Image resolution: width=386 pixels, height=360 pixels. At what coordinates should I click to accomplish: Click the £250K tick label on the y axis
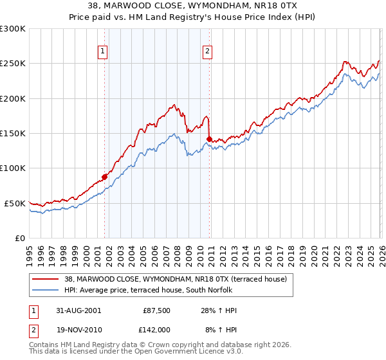[x=13, y=64]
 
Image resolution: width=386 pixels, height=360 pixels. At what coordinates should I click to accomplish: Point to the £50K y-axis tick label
[x=15, y=203]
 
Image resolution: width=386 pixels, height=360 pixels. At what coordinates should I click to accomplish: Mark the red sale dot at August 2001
[x=104, y=177]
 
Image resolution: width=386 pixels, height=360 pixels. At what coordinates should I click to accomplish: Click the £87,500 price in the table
[x=156, y=310]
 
